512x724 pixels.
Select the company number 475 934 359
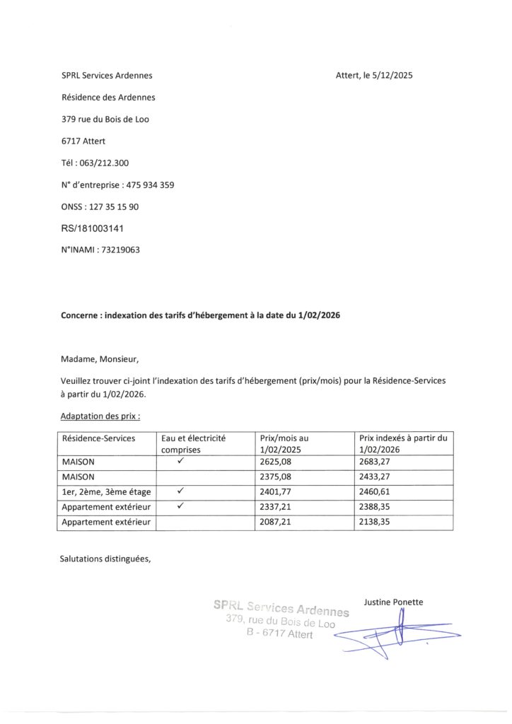pos(150,185)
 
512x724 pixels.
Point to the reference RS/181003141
pos(94,228)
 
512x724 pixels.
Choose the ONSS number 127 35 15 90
pos(112,206)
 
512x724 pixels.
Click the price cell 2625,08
pos(276,462)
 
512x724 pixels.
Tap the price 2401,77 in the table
pos(276,492)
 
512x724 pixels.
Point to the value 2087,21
pos(276,522)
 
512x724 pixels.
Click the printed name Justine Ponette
pos(393,602)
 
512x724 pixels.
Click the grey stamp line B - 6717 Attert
pos(279,633)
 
